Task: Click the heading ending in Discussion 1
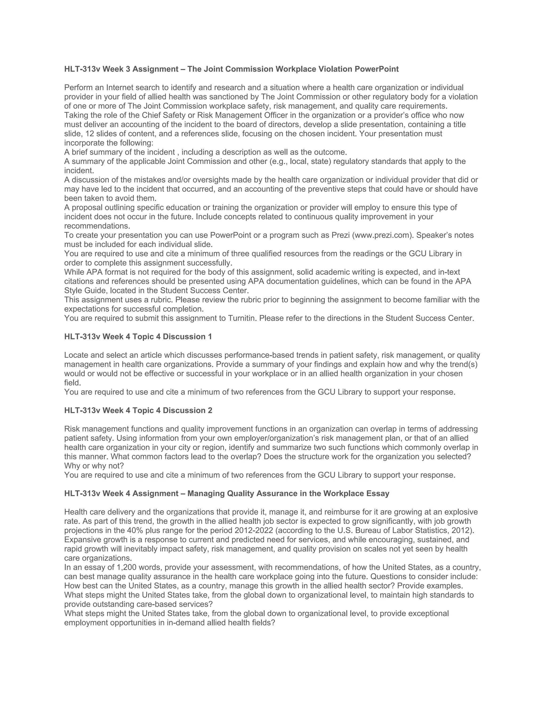pos(138,336)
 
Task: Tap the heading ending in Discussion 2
pos(138,410)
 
